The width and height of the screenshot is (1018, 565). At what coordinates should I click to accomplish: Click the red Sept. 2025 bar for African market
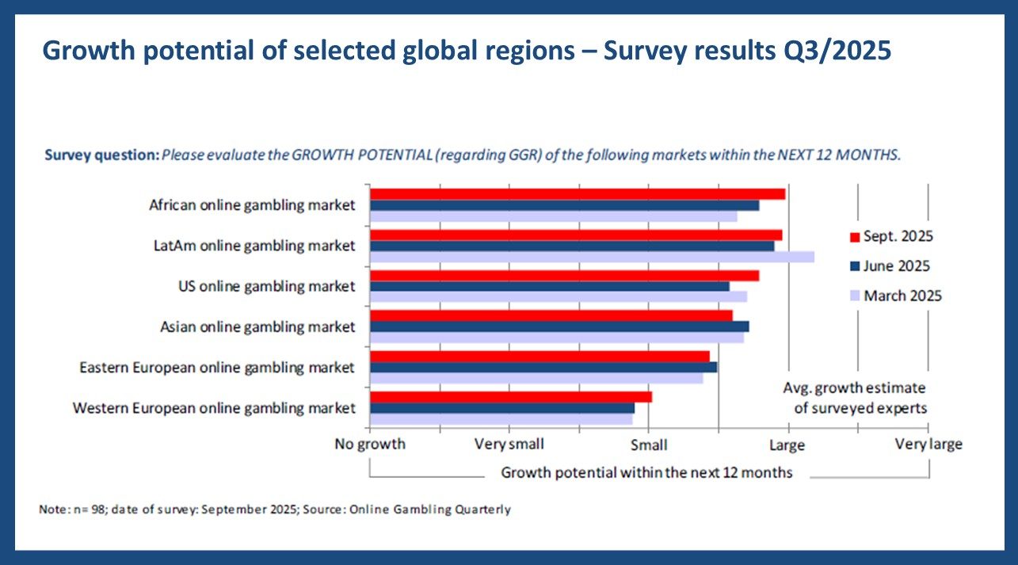tap(577, 194)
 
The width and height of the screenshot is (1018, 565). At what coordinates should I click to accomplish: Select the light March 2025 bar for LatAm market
tap(591, 257)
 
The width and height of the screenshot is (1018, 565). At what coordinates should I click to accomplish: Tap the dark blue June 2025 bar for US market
tap(549, 286)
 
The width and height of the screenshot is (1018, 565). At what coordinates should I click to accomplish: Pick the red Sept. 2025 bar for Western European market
tap(510, 397)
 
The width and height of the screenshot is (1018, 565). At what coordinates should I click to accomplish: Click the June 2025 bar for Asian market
tap(559, 326)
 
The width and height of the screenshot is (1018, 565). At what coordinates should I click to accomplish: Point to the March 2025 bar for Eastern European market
tap(536, 378)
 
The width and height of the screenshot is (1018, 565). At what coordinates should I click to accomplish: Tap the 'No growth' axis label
tap(370, 444)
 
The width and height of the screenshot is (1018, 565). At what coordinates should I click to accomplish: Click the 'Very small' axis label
tap(509, 444)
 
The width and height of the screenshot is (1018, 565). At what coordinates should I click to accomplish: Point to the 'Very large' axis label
tap(928, 444)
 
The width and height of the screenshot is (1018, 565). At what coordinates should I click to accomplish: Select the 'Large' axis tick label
tap(787, 445)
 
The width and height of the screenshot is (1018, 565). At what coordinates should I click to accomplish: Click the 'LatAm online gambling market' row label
tap(254, 246)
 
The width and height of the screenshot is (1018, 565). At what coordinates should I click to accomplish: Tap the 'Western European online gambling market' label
tap(214, 408)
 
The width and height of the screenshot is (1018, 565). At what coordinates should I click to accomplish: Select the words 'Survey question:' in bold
tap(101, 155)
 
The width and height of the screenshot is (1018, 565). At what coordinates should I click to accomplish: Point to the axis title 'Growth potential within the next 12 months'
tap(646, 473)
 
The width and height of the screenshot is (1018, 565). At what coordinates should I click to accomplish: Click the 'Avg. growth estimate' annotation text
tap(854, 388)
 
